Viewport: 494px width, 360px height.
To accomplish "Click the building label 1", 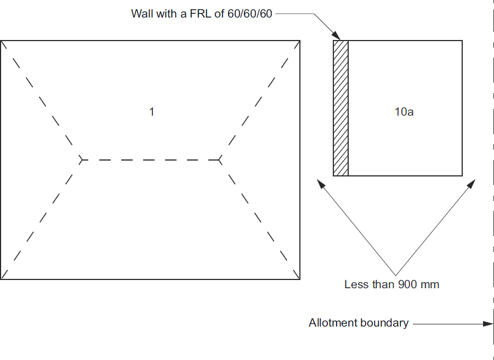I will (x=151, y=112).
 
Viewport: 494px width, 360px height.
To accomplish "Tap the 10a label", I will (x=404, y=112).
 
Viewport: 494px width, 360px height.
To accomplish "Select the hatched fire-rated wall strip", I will (x=341, y=108).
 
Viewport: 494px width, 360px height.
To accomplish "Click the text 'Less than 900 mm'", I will (x=391, y=284).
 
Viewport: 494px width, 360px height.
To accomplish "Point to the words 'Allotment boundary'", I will (x=359, y=323).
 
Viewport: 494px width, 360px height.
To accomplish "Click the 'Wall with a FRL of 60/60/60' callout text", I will (x=201, y=14).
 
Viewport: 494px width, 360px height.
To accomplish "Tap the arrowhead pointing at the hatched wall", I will (x=337, y=36).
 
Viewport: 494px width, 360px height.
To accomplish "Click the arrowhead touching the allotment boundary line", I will (x=488, y=323).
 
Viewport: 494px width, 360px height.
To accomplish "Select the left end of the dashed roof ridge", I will (x=82, y=160).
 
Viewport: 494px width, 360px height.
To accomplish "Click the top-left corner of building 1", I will (x=1, y=41).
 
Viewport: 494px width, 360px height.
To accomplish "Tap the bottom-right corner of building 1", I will (x=300, y=279).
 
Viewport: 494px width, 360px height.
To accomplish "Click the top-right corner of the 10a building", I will (x=462, y=41).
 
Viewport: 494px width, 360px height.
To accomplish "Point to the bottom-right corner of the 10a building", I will (x=462, y=175).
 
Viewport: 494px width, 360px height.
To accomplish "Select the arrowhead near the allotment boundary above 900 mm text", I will (x=472, y=182).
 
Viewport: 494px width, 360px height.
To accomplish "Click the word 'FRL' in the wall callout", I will (x=202, y=14).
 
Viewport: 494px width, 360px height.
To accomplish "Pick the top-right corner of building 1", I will (x=300, y=41).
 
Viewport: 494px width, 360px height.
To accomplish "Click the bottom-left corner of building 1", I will (x=1, y=279).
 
